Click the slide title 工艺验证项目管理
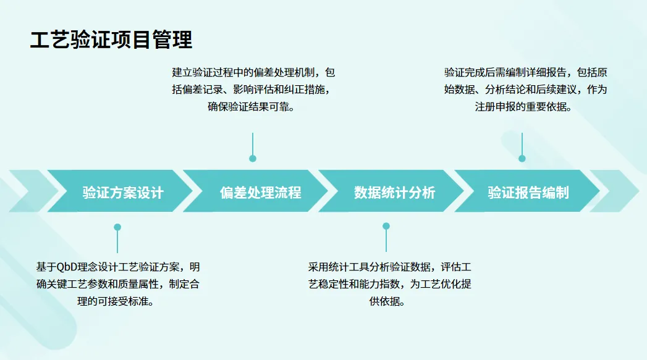[x=111, y=40]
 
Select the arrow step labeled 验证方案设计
[x=123, y=192]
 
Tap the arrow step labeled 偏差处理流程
[x=260, y=192]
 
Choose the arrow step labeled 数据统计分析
[x=395, y=192]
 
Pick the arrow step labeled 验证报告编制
[x=528, y=192]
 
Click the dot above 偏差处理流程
[x=253, y=159]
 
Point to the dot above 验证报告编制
[x=522, y=159]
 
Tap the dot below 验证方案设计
[x=117, y=227]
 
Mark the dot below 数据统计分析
[x=386, y=227]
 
